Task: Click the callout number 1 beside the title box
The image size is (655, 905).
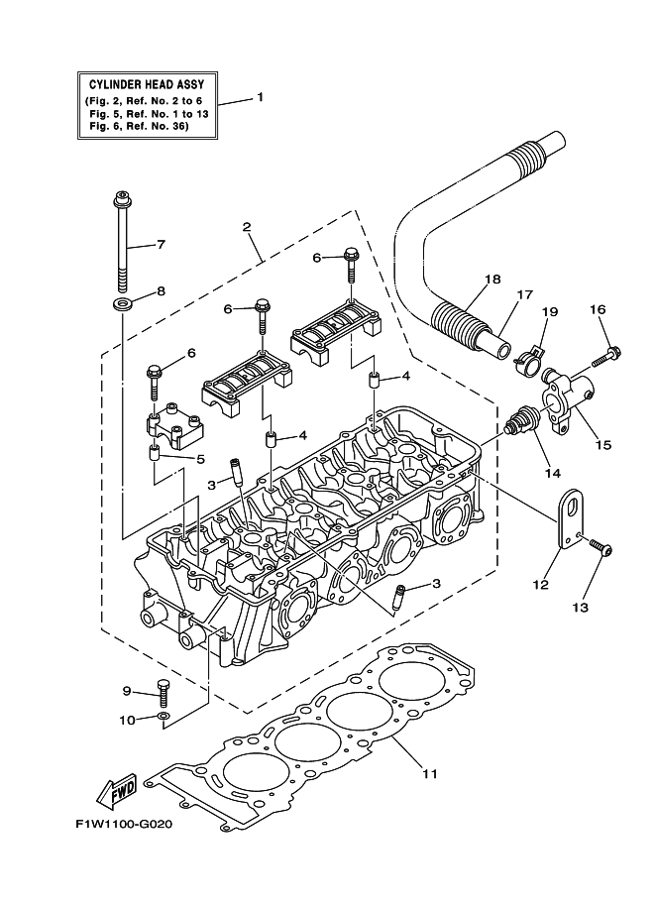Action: point(260,97)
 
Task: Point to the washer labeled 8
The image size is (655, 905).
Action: point(122,300)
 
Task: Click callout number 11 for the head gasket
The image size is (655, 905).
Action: point(429,772)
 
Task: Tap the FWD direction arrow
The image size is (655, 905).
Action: point(118,790)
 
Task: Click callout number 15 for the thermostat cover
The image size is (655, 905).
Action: point(601,445)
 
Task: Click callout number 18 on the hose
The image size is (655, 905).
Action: point(487,280)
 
